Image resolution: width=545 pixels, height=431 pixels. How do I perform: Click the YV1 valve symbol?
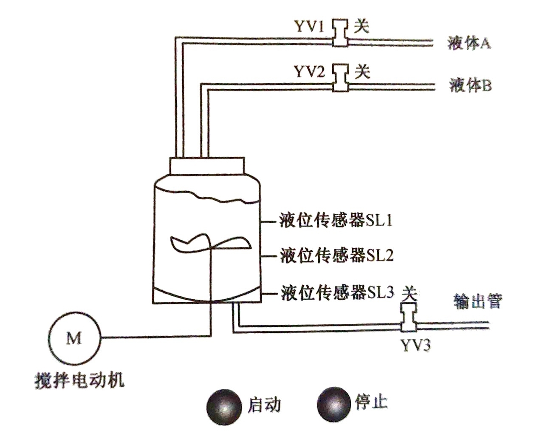pyautogui.click(x=340, y=33)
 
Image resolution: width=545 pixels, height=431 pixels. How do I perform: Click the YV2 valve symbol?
pyautogui.click(x=341, y=78)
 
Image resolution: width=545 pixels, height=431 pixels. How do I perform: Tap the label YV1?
pyautogui.click(x=309, y=27)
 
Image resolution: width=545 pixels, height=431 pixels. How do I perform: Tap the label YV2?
pyautogui.click(x=310, y=71)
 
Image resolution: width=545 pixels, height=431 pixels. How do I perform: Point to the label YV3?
pyautogui.click(x=415, y=345)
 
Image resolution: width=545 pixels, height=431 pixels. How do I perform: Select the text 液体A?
pyautogui.click(x=469, y=43)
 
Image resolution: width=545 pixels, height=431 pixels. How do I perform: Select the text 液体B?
pyautogui.click(x=470, y=85)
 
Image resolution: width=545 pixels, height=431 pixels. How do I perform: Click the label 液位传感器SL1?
pyautogui.click(x=336, y=221)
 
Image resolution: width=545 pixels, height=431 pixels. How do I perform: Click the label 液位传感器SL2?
pyautogui.click(x=336, y=255)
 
